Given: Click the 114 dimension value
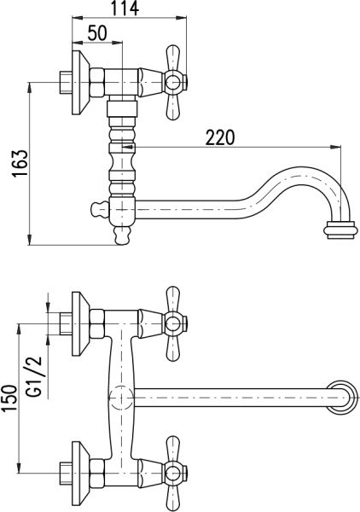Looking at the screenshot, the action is tap(125, 9).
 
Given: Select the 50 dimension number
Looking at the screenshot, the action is tap(97, 32).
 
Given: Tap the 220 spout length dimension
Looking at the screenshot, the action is tap(220, 137).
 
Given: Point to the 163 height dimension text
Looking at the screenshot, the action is tap(20, 164).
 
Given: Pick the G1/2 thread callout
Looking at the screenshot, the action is tap(35, 375).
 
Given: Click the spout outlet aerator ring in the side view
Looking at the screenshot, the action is tap(339, 230).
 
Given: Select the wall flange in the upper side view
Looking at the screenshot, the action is tap(80, 83).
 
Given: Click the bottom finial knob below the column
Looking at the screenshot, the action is tap(122, 236).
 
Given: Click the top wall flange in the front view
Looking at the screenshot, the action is tap(80, 324).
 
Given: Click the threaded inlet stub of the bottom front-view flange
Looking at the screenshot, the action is tap(66, 474).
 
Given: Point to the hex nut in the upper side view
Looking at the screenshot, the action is tap(97, 83).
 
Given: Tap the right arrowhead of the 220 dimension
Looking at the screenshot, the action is tap(335, 147).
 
